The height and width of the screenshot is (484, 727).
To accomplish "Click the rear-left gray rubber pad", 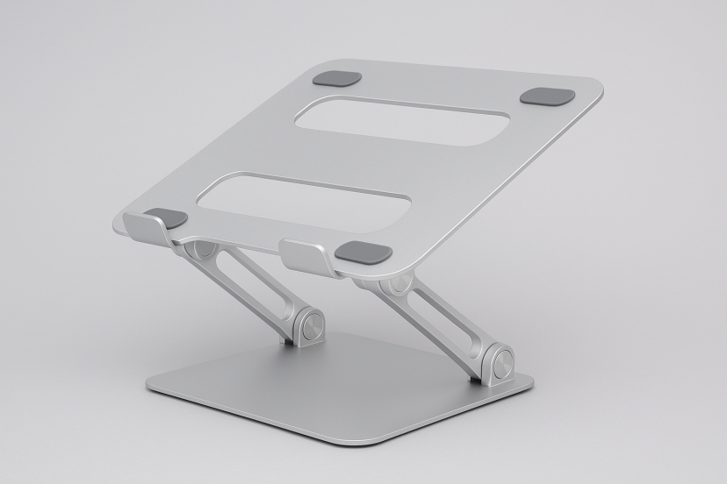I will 337,78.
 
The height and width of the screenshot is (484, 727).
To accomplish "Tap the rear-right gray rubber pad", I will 547,96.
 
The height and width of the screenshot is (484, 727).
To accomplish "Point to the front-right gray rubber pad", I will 363,253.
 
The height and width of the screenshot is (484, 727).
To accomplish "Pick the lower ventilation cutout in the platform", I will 302,200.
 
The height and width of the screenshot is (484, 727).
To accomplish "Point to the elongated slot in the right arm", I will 438,317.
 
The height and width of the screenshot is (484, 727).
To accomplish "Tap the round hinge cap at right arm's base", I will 502,364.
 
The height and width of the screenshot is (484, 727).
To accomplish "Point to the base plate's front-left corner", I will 151,388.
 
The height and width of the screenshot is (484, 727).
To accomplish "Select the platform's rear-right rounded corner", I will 597,90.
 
